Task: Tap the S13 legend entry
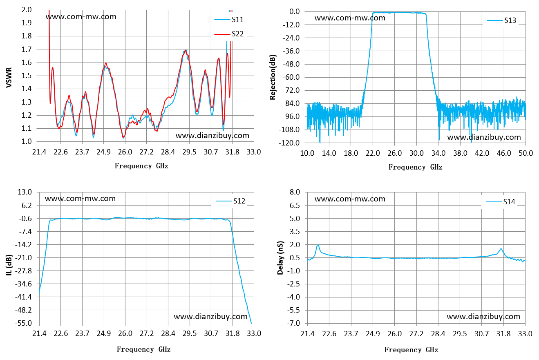[x=501, y=20]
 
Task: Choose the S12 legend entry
[x=230, y=201]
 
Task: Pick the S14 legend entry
[x=501, y=202]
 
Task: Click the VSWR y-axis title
[x=9, y=78]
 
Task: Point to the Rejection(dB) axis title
[x=273, y=77]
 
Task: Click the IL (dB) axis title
[x=9, y=265]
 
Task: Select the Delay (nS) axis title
[x=280, y=258]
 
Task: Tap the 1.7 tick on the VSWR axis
[x=27, y=49]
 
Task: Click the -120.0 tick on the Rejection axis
[x=289, y=143]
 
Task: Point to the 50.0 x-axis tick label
[x=526, y=153]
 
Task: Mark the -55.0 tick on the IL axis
[x=23, y=323]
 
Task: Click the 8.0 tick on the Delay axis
[x=295, y=192]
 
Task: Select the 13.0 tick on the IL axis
[x=25, y=192]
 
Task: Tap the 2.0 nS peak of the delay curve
[x=318, y=245]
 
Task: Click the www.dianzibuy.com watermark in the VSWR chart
[x=212, y=136]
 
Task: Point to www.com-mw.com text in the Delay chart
[x=350, y=199]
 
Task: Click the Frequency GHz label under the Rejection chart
[x=415, y=167]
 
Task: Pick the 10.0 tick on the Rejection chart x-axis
[x=307, y=153]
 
